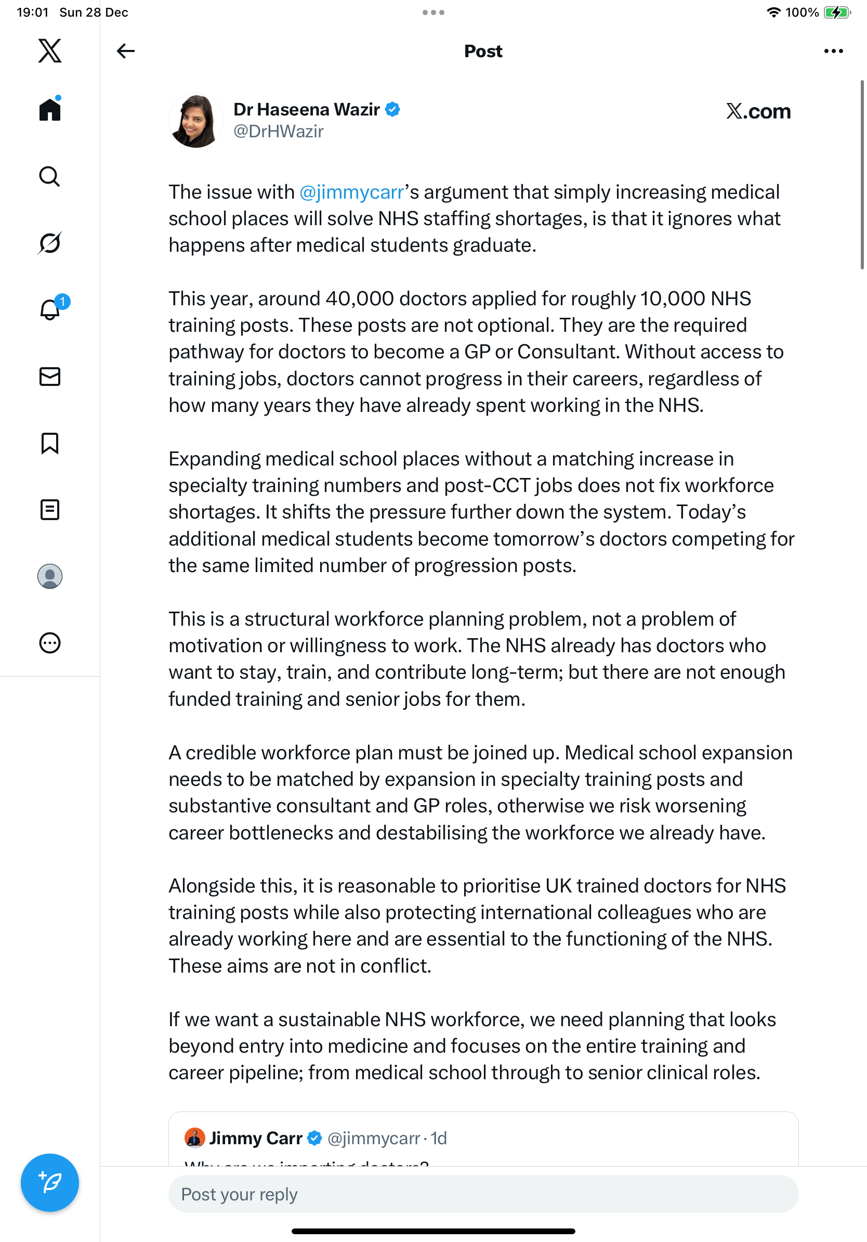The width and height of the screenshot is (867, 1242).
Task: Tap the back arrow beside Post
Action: (125, 51)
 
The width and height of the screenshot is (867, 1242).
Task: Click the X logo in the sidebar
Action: (50, 51)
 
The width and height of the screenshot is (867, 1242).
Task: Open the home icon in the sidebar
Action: (50, 109)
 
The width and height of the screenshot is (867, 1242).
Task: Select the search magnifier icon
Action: (50, 176)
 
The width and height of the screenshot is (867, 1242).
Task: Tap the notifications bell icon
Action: (50, 310)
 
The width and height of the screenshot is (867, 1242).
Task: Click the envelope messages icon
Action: (50, 377)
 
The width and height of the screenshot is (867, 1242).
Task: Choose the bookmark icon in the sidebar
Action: (50, 443)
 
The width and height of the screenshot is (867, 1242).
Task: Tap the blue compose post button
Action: (50, 1182)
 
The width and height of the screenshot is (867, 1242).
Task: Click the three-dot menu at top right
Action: (833, 51)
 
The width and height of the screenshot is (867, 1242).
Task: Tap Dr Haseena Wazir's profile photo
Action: (195, 121)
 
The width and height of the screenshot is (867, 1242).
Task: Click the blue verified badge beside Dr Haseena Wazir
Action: (392, 109)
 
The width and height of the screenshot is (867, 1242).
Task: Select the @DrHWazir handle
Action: (279, 132)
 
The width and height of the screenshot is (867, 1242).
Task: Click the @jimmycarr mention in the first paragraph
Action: (352, 192)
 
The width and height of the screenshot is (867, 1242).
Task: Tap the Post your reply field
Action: (483, 1194)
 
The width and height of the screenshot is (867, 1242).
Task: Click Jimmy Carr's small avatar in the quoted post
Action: (194, 1137)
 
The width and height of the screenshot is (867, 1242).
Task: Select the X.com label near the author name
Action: (758, 111)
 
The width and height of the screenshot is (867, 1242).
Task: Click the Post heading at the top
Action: (483, 51)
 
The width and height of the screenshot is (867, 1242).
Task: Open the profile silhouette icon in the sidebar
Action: (50, 576)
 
